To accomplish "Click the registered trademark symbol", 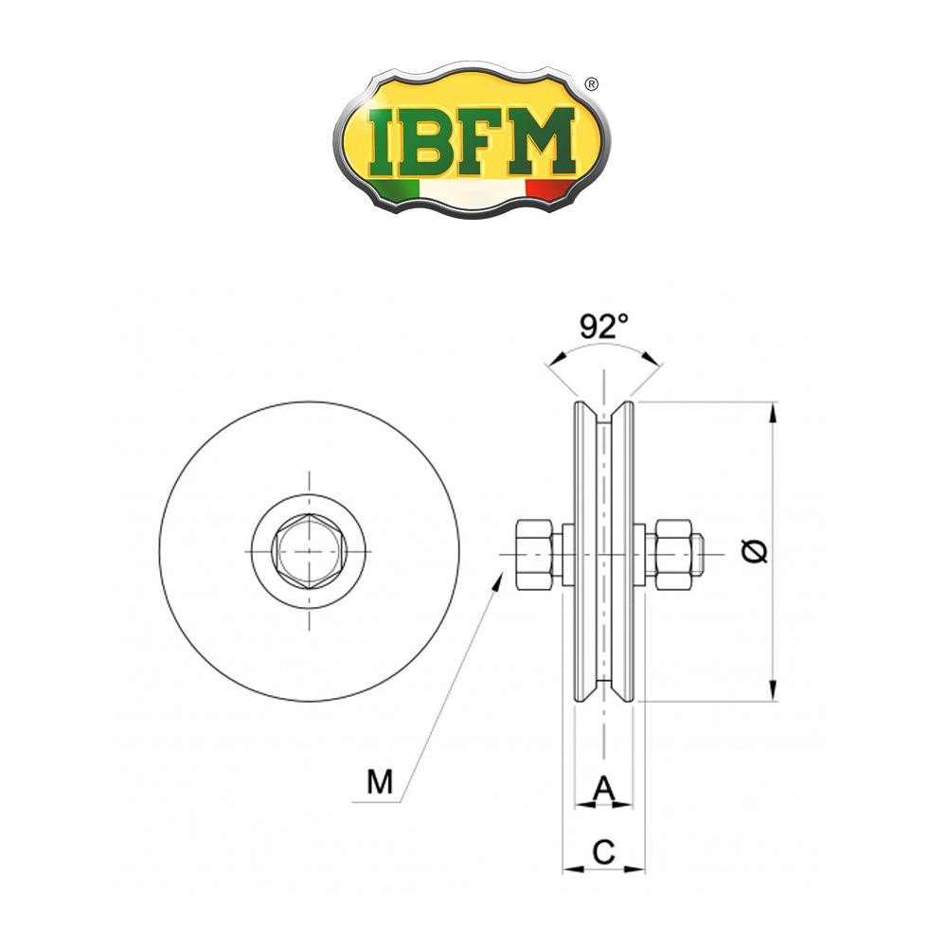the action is click(x=592, y=84).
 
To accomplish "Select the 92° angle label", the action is click(x=604, y=327).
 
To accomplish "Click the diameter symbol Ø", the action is click(x=755, y=551).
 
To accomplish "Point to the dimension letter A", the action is click(x=604, y=788).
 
